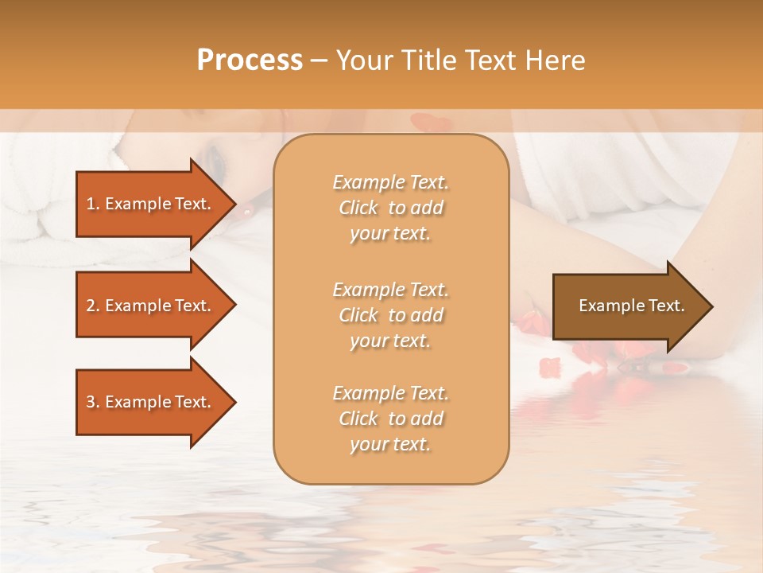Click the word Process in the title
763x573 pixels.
point(250,60)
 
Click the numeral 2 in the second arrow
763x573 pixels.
point(91,306)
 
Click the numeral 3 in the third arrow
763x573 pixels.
point(91,402)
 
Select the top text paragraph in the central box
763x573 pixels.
point(390,208)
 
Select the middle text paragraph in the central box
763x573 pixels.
point(390,315)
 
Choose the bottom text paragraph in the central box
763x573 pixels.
point(390,419)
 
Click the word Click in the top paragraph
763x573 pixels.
point(358,208)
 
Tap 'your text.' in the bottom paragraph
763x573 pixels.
point(390,444)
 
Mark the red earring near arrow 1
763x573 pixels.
point(247,212)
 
